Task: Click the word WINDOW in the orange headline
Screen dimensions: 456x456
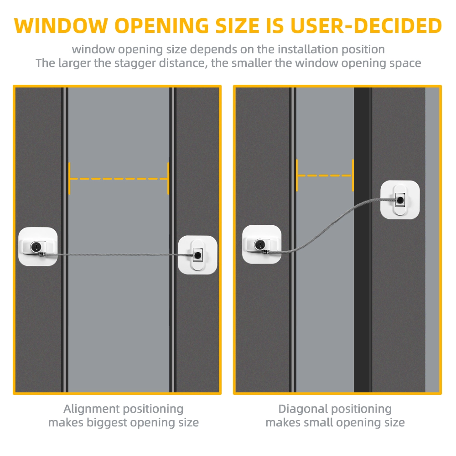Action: click(61, 26)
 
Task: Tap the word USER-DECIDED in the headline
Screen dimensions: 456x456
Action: click(366, 26)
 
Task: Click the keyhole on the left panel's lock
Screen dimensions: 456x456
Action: click(36, 247)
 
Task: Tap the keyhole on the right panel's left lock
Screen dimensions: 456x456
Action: click(260, 244)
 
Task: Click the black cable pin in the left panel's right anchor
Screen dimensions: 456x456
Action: click(198, 255)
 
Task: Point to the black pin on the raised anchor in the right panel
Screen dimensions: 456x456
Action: click(400, 200)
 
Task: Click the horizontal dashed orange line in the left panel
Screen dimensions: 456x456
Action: click(119, 179)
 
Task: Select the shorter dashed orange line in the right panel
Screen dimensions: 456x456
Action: click(325, 176)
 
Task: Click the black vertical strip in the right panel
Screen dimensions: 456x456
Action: click(362, 240)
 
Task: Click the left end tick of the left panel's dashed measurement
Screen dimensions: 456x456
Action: click(69, 179)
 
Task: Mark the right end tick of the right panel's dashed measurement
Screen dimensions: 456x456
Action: click(353, 176)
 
